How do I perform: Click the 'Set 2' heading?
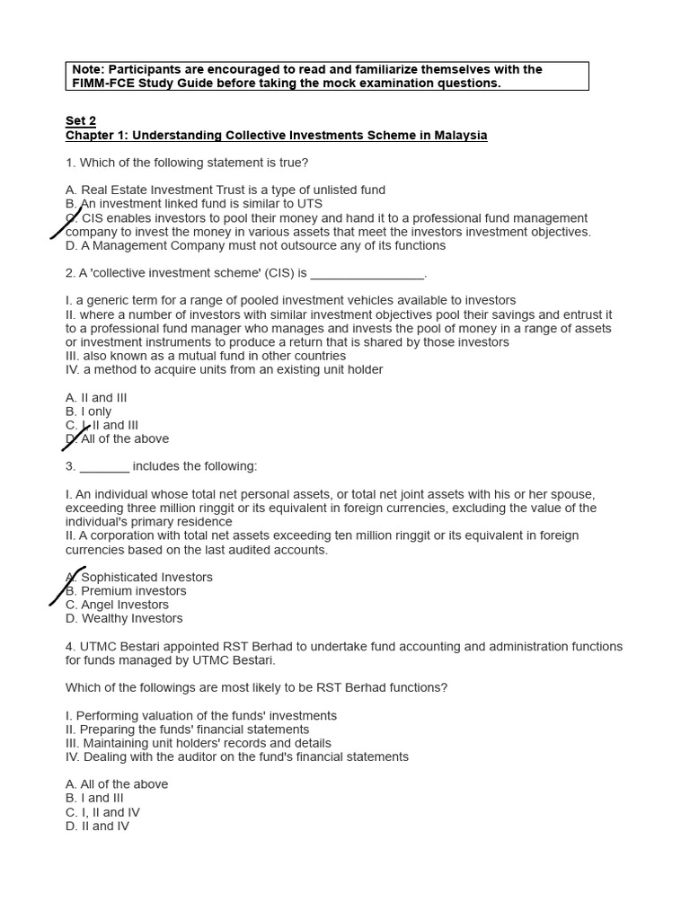tap(81, 121)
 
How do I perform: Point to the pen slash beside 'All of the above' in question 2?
tap(75, 438)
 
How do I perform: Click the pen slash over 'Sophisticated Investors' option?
tap(67, 586)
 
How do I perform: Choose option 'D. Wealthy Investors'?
tap(124, 619)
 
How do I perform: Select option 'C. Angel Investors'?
tap(117, 606)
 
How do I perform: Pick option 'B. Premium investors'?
tap(126, 591)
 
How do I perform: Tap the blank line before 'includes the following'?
tap(104, 467)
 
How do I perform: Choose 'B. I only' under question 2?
tap(89, 412)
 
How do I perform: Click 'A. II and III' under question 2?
tap(96, 398)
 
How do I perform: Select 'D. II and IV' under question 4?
tap(97, 827)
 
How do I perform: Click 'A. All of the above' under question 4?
tap(117, 784)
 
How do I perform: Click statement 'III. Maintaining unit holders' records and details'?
tap(199, 744)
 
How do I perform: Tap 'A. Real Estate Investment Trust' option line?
tap(226, 190)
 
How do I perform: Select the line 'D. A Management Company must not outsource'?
tap(255, 246)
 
